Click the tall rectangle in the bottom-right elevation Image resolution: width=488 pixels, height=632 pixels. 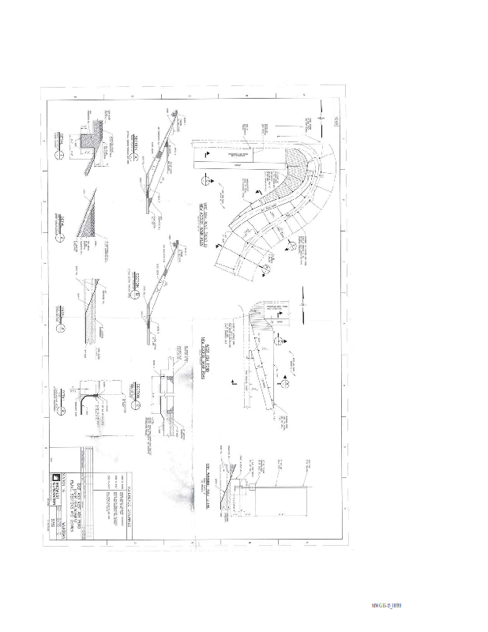point(280,506)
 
